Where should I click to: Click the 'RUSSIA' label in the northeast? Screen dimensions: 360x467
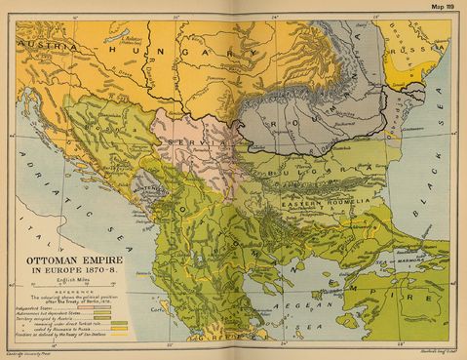(x=421, y=42)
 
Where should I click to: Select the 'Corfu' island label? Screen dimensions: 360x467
(x=161, y=304)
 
